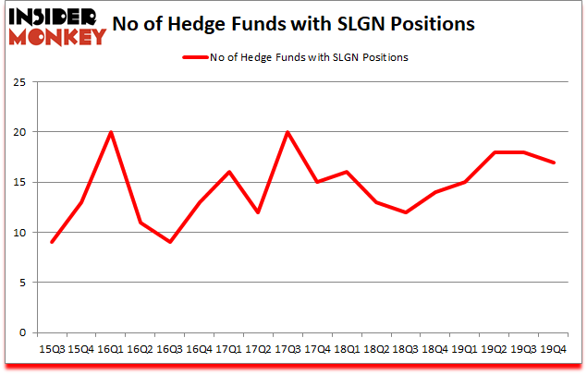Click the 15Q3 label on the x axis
tap(52, 349)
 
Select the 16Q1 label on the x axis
tap(111, 349)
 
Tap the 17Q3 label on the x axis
tap(287, 349)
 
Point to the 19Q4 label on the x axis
tap(552, 349)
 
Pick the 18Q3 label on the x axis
tap(405, 349)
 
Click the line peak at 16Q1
tap(111, 132)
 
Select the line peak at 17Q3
tap(287, 132)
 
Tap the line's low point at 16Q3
tap(169, 242)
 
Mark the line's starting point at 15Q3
tap(52, 242)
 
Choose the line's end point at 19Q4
tap(552, 163)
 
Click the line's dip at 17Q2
tap(258, 212)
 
